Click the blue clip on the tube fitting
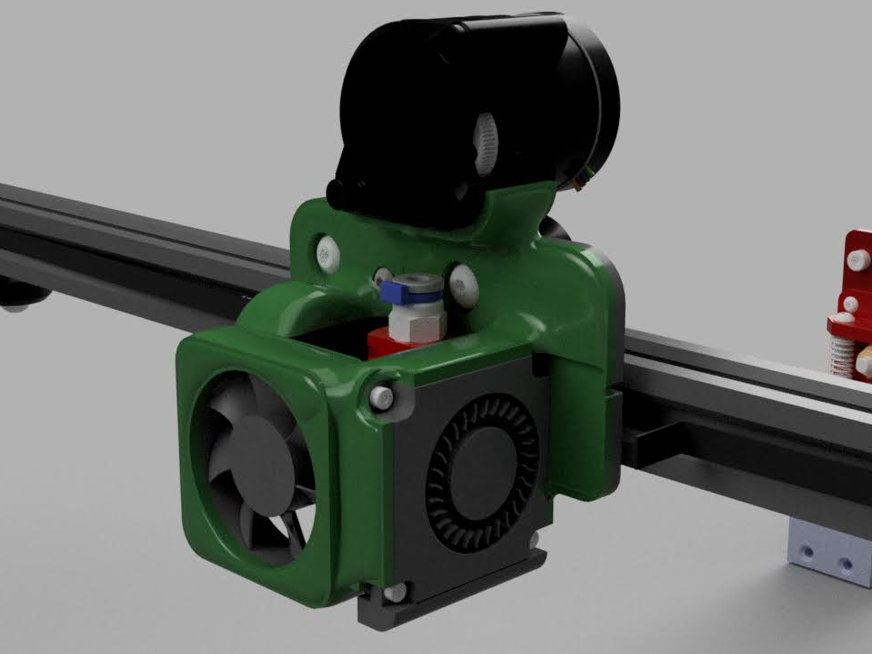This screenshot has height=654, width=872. (395, 290)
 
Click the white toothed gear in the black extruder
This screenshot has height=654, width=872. (485, 139)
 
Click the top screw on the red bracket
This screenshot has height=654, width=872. (852, 259)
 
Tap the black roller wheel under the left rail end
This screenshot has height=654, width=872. (15, 296)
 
